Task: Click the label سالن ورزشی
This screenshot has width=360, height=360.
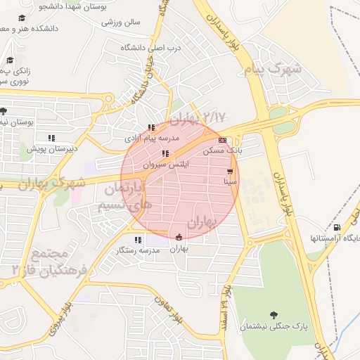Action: pos(121,22)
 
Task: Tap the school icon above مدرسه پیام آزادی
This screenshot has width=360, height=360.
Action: pos(151,128)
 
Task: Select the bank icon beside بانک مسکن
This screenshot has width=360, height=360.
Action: pos(222,140)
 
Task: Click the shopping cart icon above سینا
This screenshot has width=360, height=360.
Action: pos(230,171)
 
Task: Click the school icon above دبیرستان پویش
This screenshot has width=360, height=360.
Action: pos(51,138)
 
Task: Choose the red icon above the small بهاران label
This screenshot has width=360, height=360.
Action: pos(179,237)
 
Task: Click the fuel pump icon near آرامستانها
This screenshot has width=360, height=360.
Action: pos(337,227)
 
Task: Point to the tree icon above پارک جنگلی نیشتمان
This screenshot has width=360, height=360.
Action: pos(273,315)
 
